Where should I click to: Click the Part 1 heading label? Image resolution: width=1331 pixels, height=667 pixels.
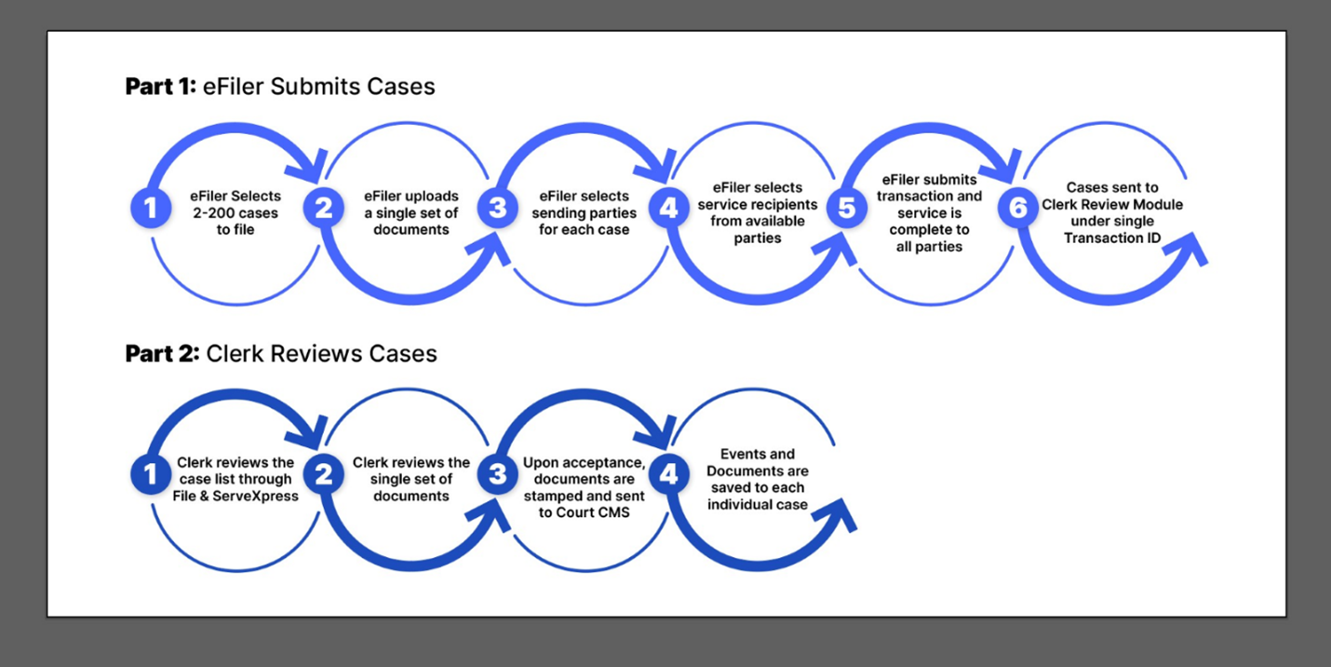click(280, 87)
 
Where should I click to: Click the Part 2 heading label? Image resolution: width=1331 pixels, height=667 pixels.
click(281, 354)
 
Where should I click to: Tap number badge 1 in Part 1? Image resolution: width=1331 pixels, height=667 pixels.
click(151, 208)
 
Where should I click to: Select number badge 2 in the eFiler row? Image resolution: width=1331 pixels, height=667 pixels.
click(324, 208)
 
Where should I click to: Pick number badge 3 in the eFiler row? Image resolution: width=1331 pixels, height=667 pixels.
click(498, 208)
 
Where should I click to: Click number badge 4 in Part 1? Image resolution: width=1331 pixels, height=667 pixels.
click(669, 208)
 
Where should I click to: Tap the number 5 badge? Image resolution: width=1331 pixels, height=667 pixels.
click(847, 208)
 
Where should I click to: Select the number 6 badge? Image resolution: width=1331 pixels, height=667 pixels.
click(1018, 208)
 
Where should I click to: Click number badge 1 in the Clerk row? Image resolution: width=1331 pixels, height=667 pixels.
click(151, 474)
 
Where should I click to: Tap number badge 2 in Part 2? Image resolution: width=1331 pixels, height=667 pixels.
click(324, 474)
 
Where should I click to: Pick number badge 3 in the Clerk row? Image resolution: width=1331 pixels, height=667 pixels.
click(498, 474)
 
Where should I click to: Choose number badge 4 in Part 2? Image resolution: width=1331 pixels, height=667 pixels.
click(669, 474)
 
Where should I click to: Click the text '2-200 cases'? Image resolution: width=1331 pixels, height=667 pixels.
click(235, 212)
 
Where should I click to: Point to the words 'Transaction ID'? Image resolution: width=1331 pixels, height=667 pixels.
click(1112, 238)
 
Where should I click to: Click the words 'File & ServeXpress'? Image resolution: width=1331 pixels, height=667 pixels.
click(235, 496)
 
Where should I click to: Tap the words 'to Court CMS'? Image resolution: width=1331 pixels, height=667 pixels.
click(585, 512)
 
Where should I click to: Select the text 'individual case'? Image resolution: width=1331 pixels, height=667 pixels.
click(758, 505)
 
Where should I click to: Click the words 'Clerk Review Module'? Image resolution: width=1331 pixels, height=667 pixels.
click(1112, 205)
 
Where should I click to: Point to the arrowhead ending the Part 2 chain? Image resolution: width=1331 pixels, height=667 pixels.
click(838, 516)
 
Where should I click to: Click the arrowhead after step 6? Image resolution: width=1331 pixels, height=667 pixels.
click(1189, 250)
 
